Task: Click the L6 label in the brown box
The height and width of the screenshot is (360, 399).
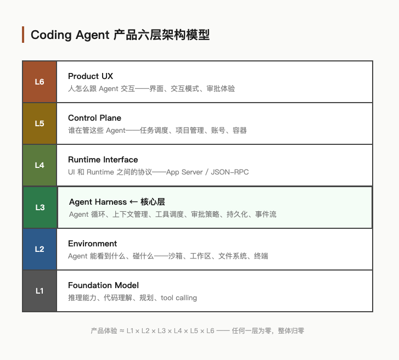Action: pyautogui.click(x=40, y=82)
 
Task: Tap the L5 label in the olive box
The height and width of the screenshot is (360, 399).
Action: pyautogui.click(x=40, y=123)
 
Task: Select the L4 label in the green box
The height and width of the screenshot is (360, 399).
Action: pyautogui.click(x=40, y=165)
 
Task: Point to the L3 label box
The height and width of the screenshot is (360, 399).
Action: pyautogui.click(x=40, y=207)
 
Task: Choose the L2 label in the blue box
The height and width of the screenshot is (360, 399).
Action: pyautogui.click(x=40, y=249)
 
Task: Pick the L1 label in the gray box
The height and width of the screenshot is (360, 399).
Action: pyautogui.click(x=40, y=291)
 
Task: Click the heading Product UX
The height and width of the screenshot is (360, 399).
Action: pyautogui.click(x=91, y=76)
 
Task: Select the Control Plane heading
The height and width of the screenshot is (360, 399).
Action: pyautogui.click(x=94, y=118)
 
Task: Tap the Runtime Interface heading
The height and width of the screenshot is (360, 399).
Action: pyautogui.click(x=103, y=160)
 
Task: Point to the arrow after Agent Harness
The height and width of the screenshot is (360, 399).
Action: pyautogui.click(x=133, y=202)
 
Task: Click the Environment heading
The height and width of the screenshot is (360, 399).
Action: pyautogui.click(x=92, y=244)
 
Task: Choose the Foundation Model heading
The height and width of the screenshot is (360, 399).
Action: pyautogui.click(x=103, y=285)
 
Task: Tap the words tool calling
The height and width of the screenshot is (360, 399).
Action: pyautogui.click(x=178, y=297)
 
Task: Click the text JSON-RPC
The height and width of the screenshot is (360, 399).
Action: pyautogui.click(x=230, y=172)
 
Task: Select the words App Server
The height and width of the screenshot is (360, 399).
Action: pyautogui.click(x=184, y=172)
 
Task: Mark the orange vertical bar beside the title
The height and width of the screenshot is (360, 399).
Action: pyautogui.click(x=23, y=35)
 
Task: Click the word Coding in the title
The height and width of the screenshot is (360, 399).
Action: pyautogui.click(x=51, y=35)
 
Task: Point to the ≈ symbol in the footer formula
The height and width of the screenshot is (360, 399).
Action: pyautogui.click(x=122, y=331)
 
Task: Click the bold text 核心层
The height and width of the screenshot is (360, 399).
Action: pyautogui.click(x=153, y=202)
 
